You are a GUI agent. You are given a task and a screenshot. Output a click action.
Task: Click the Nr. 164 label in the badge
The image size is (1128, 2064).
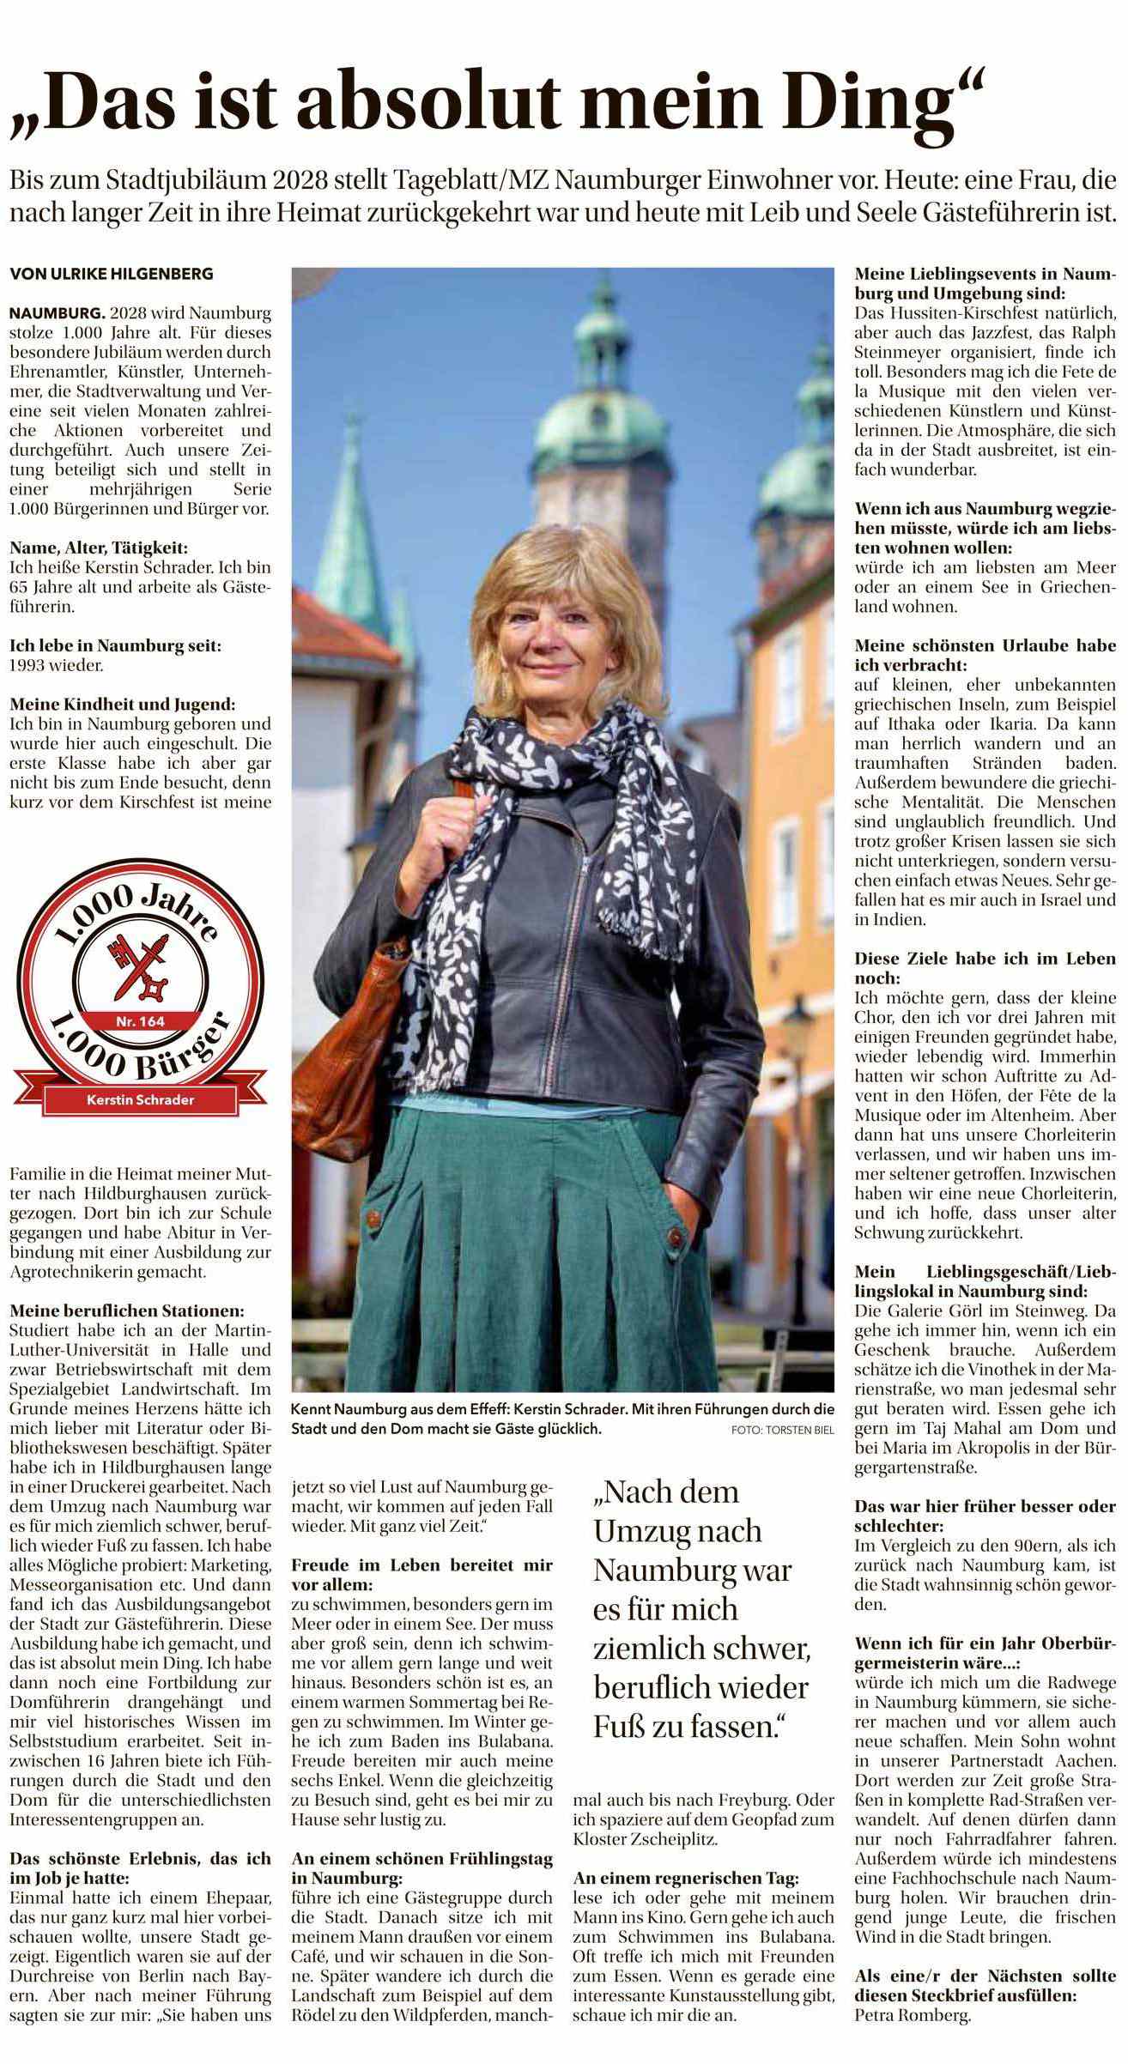point(140,1020)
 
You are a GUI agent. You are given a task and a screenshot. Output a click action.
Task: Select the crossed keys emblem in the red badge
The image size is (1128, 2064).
point(140,965)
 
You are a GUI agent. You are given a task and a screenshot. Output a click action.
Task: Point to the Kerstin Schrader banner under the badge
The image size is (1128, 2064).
point(140,1099)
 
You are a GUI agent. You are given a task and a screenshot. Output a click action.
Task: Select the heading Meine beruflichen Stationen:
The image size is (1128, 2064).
point(126,1311)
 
